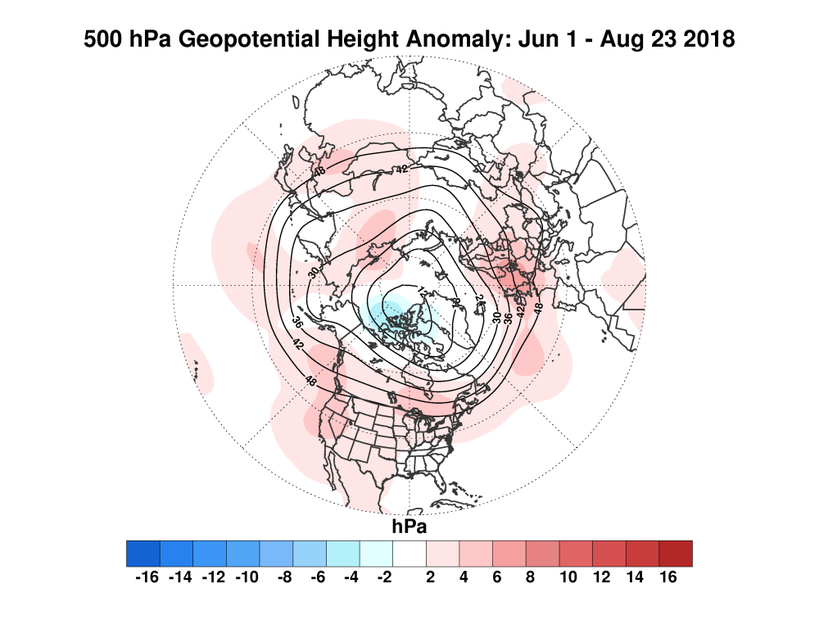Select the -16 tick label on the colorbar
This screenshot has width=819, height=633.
(x=145, y=577)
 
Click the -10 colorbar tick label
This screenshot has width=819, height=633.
(x=245, y=577)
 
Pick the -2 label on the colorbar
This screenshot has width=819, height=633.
(x=378, y=577)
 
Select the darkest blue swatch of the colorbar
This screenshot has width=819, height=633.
(x=143, y=554)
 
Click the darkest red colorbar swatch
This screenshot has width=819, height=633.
(x=676, y=554)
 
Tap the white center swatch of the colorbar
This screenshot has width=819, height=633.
(x=409, y=554)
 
